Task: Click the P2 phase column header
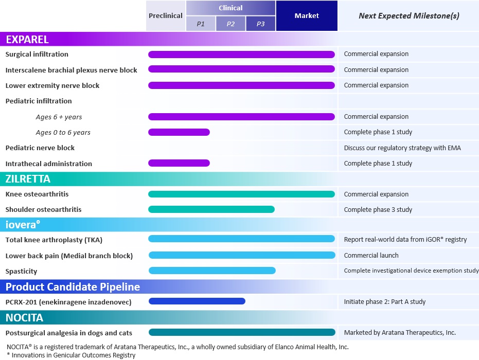[230, 24]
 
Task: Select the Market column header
[307, 16]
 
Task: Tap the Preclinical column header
[165, 16]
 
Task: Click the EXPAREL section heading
[27, 40]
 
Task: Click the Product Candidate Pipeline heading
[73, 286]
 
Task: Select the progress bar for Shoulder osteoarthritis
[211, 209]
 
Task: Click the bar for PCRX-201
[197, 302]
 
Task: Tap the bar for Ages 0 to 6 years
[179, 132]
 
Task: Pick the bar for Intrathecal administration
[179, 164]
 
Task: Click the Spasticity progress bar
[212, 271]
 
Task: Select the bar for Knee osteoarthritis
[241, 194]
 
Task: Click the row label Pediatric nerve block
[40, 148]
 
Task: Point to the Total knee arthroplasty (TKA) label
[57, 240]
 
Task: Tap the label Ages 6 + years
[59, 117]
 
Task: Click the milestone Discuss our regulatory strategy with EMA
[402, 148]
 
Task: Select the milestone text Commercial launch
[371, 255]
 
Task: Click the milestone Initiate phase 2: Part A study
[384, 302]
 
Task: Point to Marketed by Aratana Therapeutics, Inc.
[400, 333]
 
